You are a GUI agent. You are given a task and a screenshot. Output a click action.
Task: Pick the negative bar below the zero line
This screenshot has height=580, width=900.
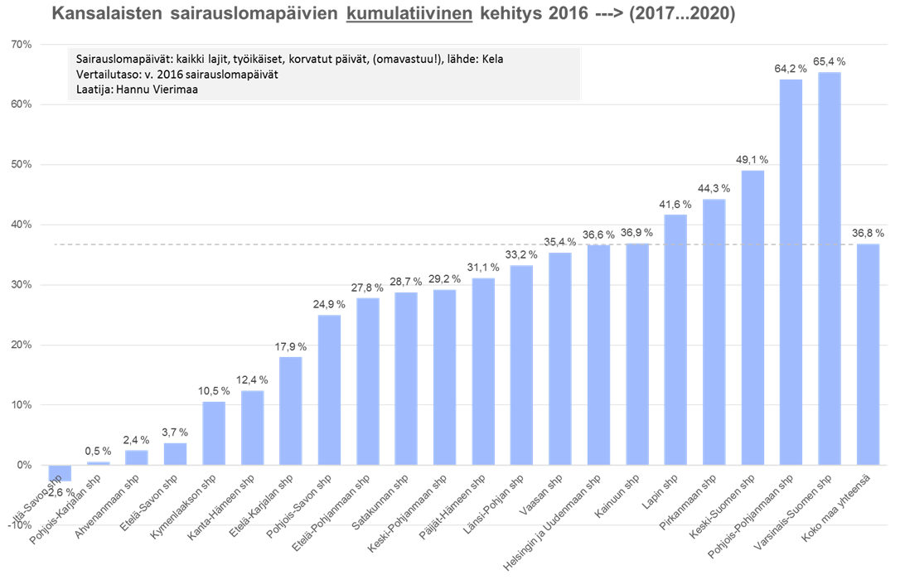60,473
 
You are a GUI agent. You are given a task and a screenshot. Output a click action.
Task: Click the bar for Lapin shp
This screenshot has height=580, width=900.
675,340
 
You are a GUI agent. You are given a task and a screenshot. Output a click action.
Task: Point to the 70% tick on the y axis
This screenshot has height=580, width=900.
22,44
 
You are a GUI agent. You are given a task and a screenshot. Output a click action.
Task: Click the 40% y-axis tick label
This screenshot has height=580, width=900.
22,225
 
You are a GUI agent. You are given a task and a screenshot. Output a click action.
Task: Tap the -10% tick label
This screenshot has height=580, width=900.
20,525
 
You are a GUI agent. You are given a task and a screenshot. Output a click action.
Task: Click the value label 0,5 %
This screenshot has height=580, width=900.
99,452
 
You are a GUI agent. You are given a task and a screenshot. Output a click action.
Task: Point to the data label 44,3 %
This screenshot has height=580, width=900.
714,189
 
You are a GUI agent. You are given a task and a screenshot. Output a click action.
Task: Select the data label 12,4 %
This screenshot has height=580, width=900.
253,380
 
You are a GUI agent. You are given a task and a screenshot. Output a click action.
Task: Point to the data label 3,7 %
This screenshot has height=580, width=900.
176,433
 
